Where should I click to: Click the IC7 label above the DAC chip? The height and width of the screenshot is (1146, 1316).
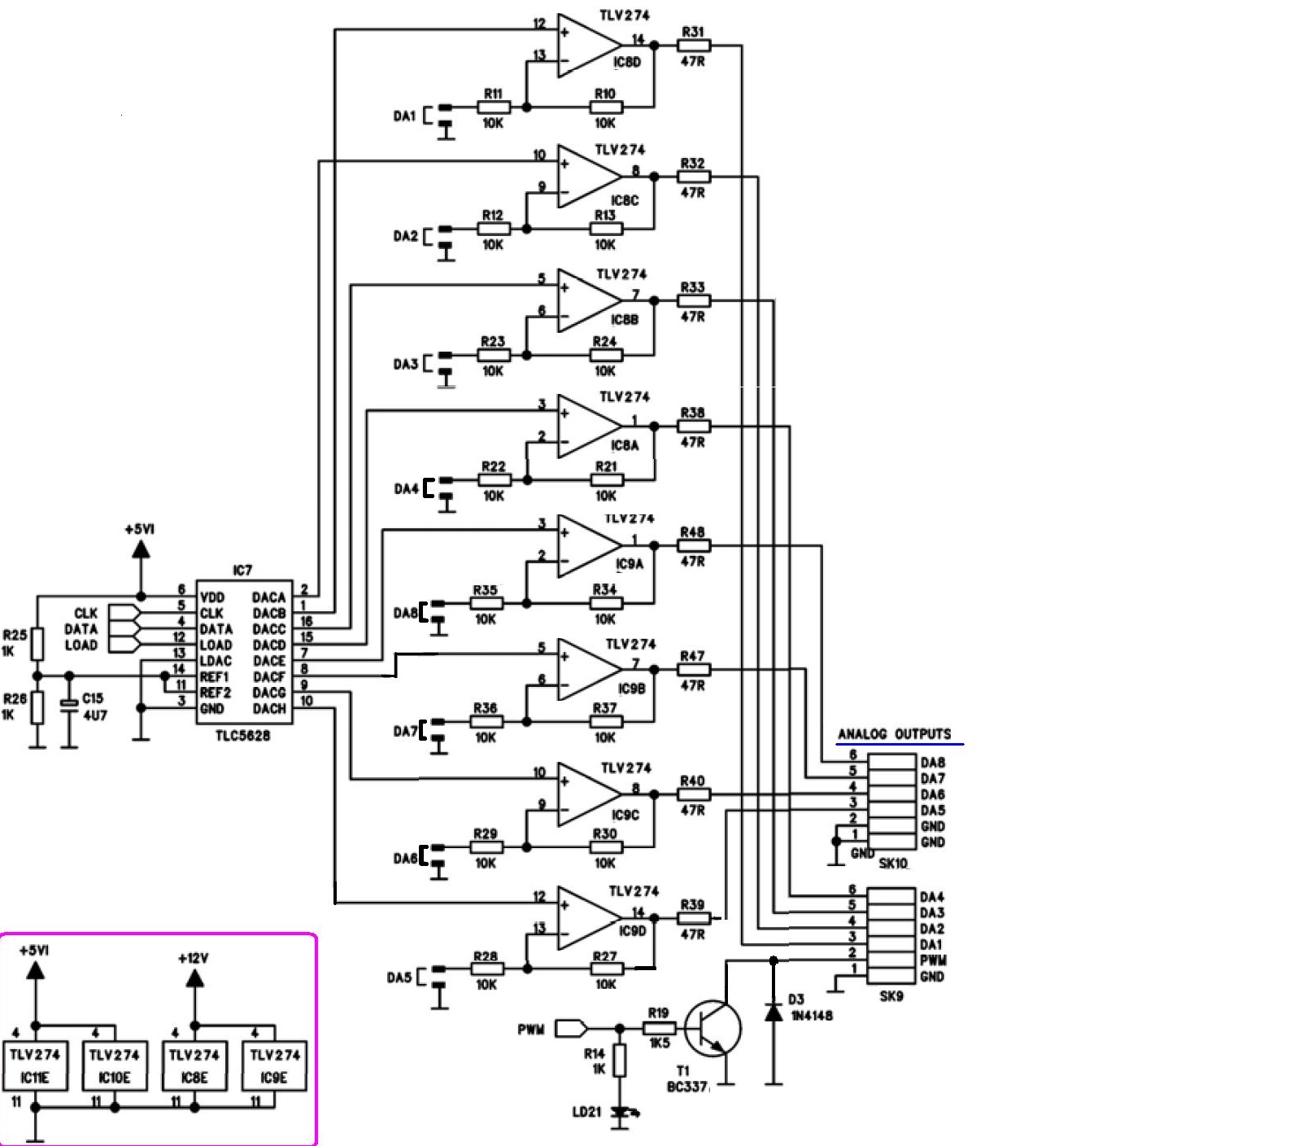coord(242,571)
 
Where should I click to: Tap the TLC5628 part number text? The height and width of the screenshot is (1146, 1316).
coord(242,736)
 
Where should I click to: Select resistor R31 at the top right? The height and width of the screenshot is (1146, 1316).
coord(693,46)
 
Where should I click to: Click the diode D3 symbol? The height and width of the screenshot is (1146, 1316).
coord(773,1012)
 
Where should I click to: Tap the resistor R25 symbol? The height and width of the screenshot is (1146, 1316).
coord(37,644)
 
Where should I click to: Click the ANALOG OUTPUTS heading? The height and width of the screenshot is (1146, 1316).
coord(895,734)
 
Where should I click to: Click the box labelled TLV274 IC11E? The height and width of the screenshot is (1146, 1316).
coord(35,1065)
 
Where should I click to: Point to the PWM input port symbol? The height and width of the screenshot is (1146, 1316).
coord(571,1029)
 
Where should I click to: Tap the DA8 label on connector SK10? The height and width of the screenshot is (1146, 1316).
coord(932,763)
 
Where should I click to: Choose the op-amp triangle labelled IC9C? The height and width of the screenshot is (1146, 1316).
coord(588,794)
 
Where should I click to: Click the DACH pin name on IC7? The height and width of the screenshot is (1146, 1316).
coord(269,709)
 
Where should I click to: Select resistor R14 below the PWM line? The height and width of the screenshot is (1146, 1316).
coord(620,1061)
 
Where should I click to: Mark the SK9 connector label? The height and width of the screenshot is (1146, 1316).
coord(891,996)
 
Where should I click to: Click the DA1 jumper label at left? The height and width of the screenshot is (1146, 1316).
coord(405,117)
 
